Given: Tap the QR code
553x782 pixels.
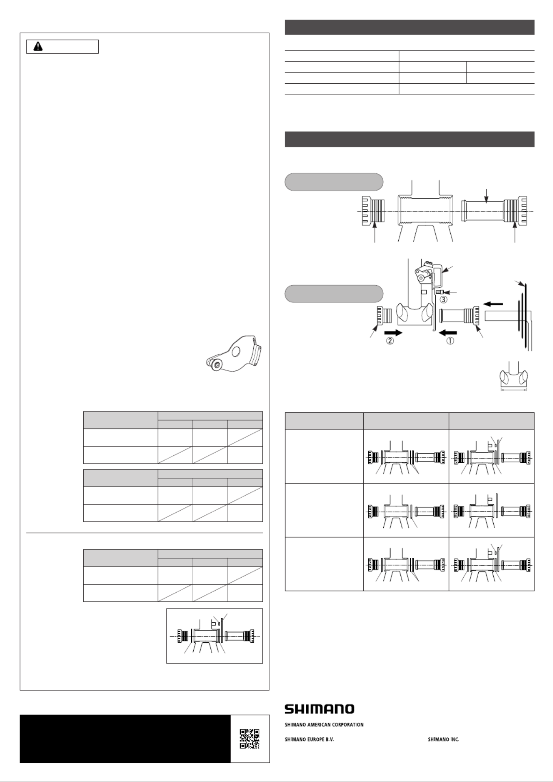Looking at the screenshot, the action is tap(250, 739).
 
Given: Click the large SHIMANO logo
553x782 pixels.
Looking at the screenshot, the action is tap(319, 709).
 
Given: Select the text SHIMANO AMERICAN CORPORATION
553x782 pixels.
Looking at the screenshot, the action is tap(324, 724).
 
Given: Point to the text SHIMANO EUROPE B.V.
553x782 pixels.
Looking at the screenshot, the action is tap(309, 739).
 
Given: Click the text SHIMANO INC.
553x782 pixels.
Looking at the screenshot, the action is tap(443, 739).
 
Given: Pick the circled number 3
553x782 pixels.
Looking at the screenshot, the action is tap(444, 299).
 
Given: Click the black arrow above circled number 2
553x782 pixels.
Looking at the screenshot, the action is tap(393, 332).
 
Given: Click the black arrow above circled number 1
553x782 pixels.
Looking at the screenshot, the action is tap(448, 332).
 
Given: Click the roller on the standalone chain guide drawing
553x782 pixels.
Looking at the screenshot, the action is tap(215, 364).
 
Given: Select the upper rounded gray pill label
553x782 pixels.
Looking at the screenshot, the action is tap(334, 182).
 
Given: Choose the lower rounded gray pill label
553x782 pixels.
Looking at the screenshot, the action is tap(334, 294).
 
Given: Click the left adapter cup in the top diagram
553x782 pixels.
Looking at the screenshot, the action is tap(372, 211).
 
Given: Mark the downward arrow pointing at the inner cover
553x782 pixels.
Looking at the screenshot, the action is tap(487, 196).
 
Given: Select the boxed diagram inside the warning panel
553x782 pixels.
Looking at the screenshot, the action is tap(214, 636).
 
